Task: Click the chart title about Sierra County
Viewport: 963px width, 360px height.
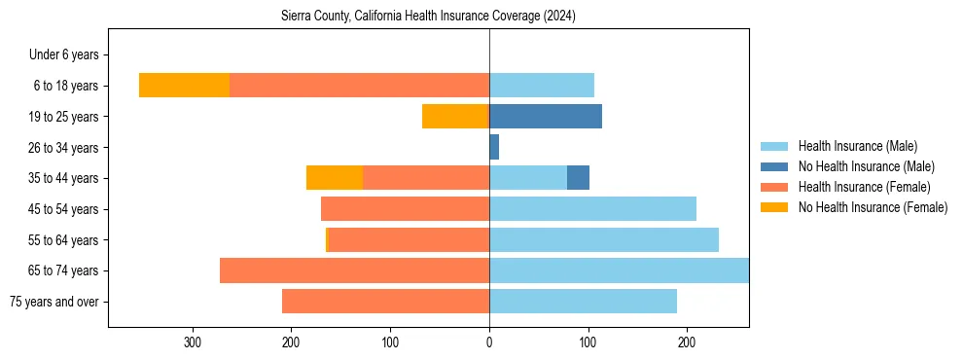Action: [x=428, y=17]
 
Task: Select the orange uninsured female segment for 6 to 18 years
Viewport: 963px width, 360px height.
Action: [x=184, y=85]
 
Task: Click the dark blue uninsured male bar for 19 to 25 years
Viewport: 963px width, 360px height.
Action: [x=546, y=116]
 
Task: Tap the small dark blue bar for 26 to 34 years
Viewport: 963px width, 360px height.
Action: [x=494, y=147]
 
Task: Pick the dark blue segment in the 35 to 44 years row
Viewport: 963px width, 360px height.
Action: [x=578, y=178]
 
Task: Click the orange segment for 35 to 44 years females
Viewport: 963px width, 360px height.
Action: [x=335, y=178]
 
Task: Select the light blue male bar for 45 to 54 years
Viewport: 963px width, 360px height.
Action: [x=592, y=208]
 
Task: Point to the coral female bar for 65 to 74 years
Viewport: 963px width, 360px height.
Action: [x=354, y=270]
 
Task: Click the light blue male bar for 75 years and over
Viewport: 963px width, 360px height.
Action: [x=583, y=302]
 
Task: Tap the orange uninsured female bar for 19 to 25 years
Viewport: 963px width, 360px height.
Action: [x=454, y=116]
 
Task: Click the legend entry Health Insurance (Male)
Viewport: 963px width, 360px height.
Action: [x=857, y=146]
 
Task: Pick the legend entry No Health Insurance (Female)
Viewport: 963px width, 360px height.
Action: [x=873, y=207]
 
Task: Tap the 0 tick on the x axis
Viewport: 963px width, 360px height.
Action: [x=489, y=342]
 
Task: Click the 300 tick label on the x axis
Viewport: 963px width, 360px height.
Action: [x=193, y=342]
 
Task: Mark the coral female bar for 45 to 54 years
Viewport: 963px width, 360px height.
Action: [x=405, y=208]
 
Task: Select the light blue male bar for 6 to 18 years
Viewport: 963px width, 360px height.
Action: [x=541, y=85]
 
